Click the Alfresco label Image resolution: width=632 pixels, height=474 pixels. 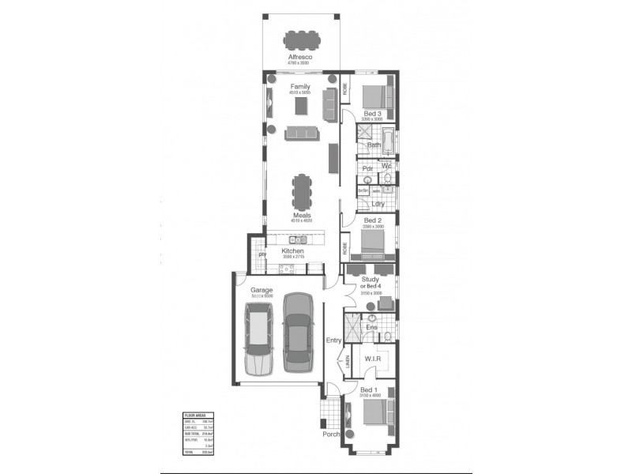click(x=300, y=57)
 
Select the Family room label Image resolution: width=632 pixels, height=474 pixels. click(x=300, y=86)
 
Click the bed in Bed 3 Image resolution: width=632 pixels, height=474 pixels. click(x=374, y=96)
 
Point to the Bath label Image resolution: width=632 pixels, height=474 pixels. click(x=374, y=145)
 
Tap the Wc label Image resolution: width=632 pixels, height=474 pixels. click(x=386, y=167)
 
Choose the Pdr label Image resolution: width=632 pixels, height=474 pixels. click(x=367, y=169)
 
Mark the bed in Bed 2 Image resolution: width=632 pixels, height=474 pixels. click(x=373, y=244)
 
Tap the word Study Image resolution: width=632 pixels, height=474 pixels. click(x=370, y=280)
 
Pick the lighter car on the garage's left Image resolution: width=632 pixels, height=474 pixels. click(x=259, y=340)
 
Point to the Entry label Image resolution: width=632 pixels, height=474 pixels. click(x=333, y=340)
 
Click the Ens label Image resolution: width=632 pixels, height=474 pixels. click(x=371, y=327)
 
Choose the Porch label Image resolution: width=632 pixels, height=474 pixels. click(x=331, y=434)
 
